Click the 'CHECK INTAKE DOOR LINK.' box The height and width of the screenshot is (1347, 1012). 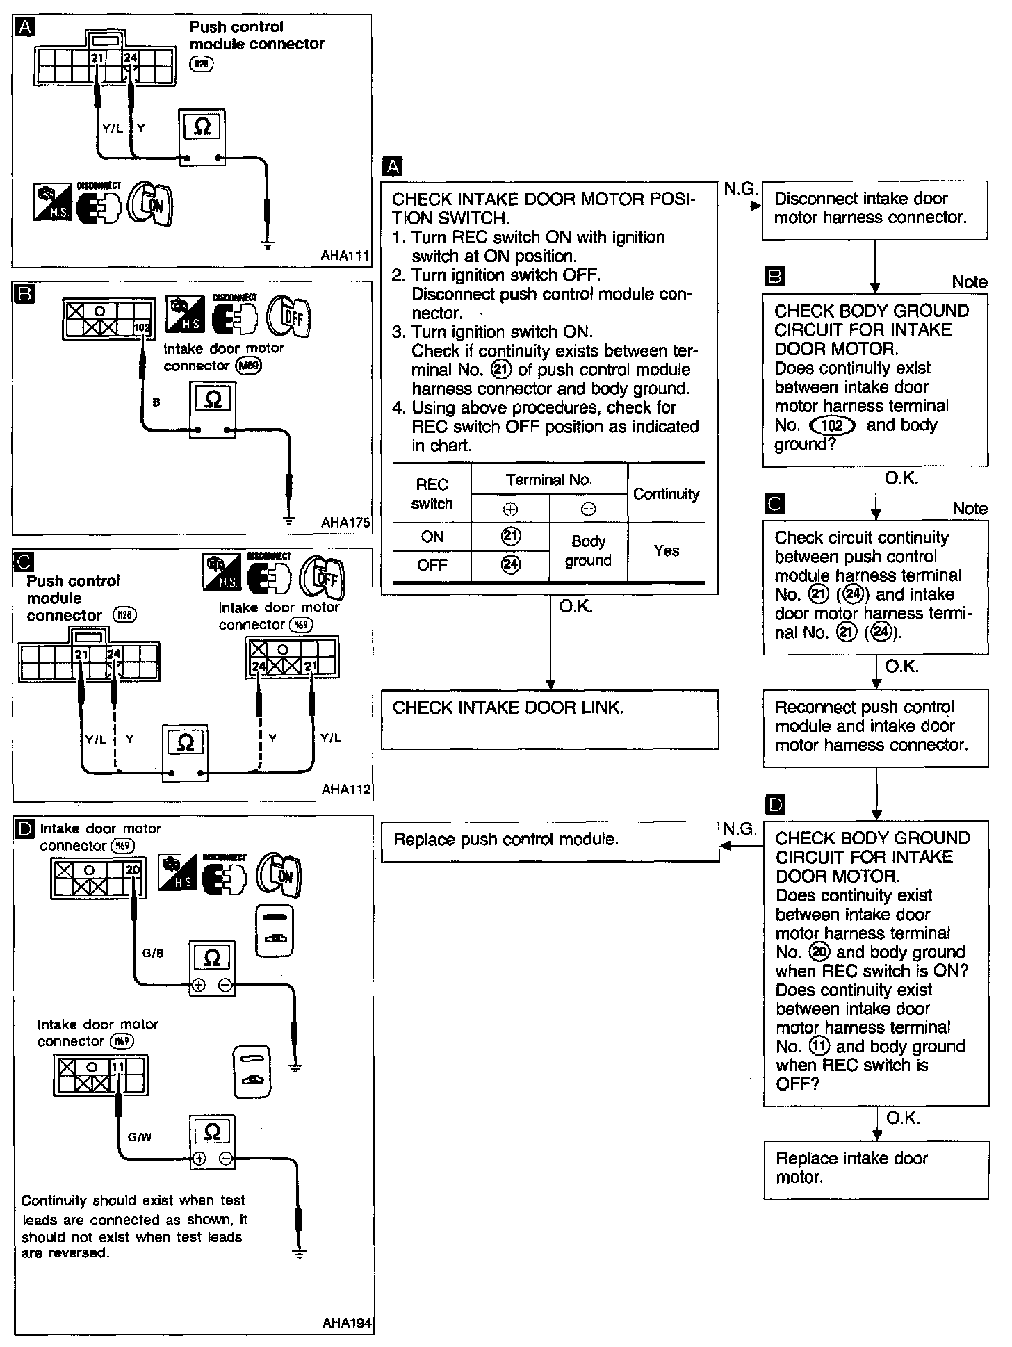(549, 719)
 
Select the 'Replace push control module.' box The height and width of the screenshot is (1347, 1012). (549, 841)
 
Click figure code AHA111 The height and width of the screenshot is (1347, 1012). (345, 256)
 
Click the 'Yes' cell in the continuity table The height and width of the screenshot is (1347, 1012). (666, 551)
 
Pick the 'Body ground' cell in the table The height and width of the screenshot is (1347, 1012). (588, 551)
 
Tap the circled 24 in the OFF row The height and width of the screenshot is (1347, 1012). (510, 564)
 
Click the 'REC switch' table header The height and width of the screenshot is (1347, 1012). (432, 494)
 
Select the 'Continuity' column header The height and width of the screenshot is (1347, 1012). (666, 494)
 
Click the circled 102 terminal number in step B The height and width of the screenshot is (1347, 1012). (832, 425)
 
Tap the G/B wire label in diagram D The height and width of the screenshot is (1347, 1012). (153, 953)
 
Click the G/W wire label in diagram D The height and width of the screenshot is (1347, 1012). (140, 1137)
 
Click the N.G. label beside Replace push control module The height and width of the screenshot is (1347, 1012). (740, 828)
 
